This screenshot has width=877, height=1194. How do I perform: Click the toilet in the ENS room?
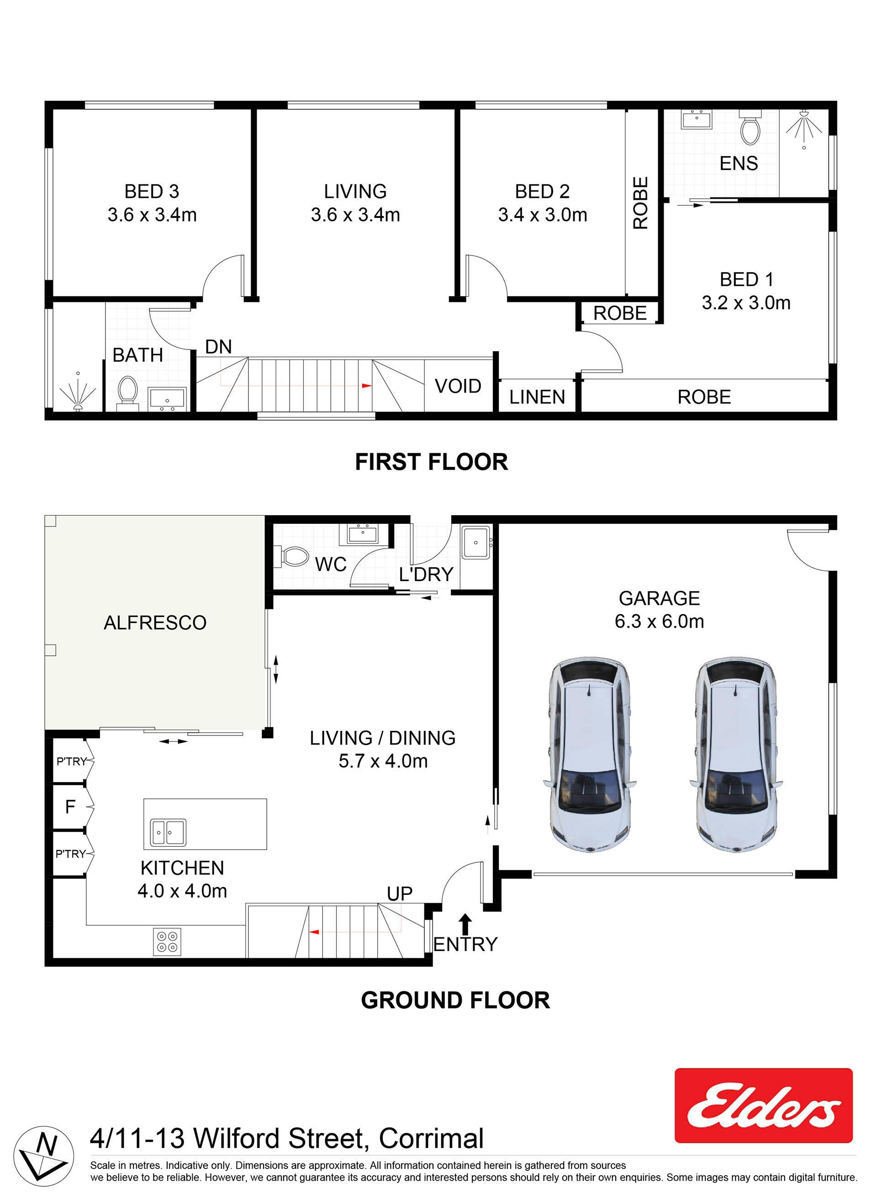(750, 127)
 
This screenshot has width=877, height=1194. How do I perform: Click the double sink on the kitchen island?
(168, 832)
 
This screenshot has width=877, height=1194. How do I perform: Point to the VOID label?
(458, 386)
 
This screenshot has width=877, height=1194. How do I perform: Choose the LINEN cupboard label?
(537, 397)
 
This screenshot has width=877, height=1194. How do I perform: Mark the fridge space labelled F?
(70, 807)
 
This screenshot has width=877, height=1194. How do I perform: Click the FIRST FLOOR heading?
(432, 462)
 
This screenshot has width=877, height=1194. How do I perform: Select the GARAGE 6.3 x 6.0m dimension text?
(659, 621)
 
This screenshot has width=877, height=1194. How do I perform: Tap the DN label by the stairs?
(219, 347)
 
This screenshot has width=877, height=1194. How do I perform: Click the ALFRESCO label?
(155, 623)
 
